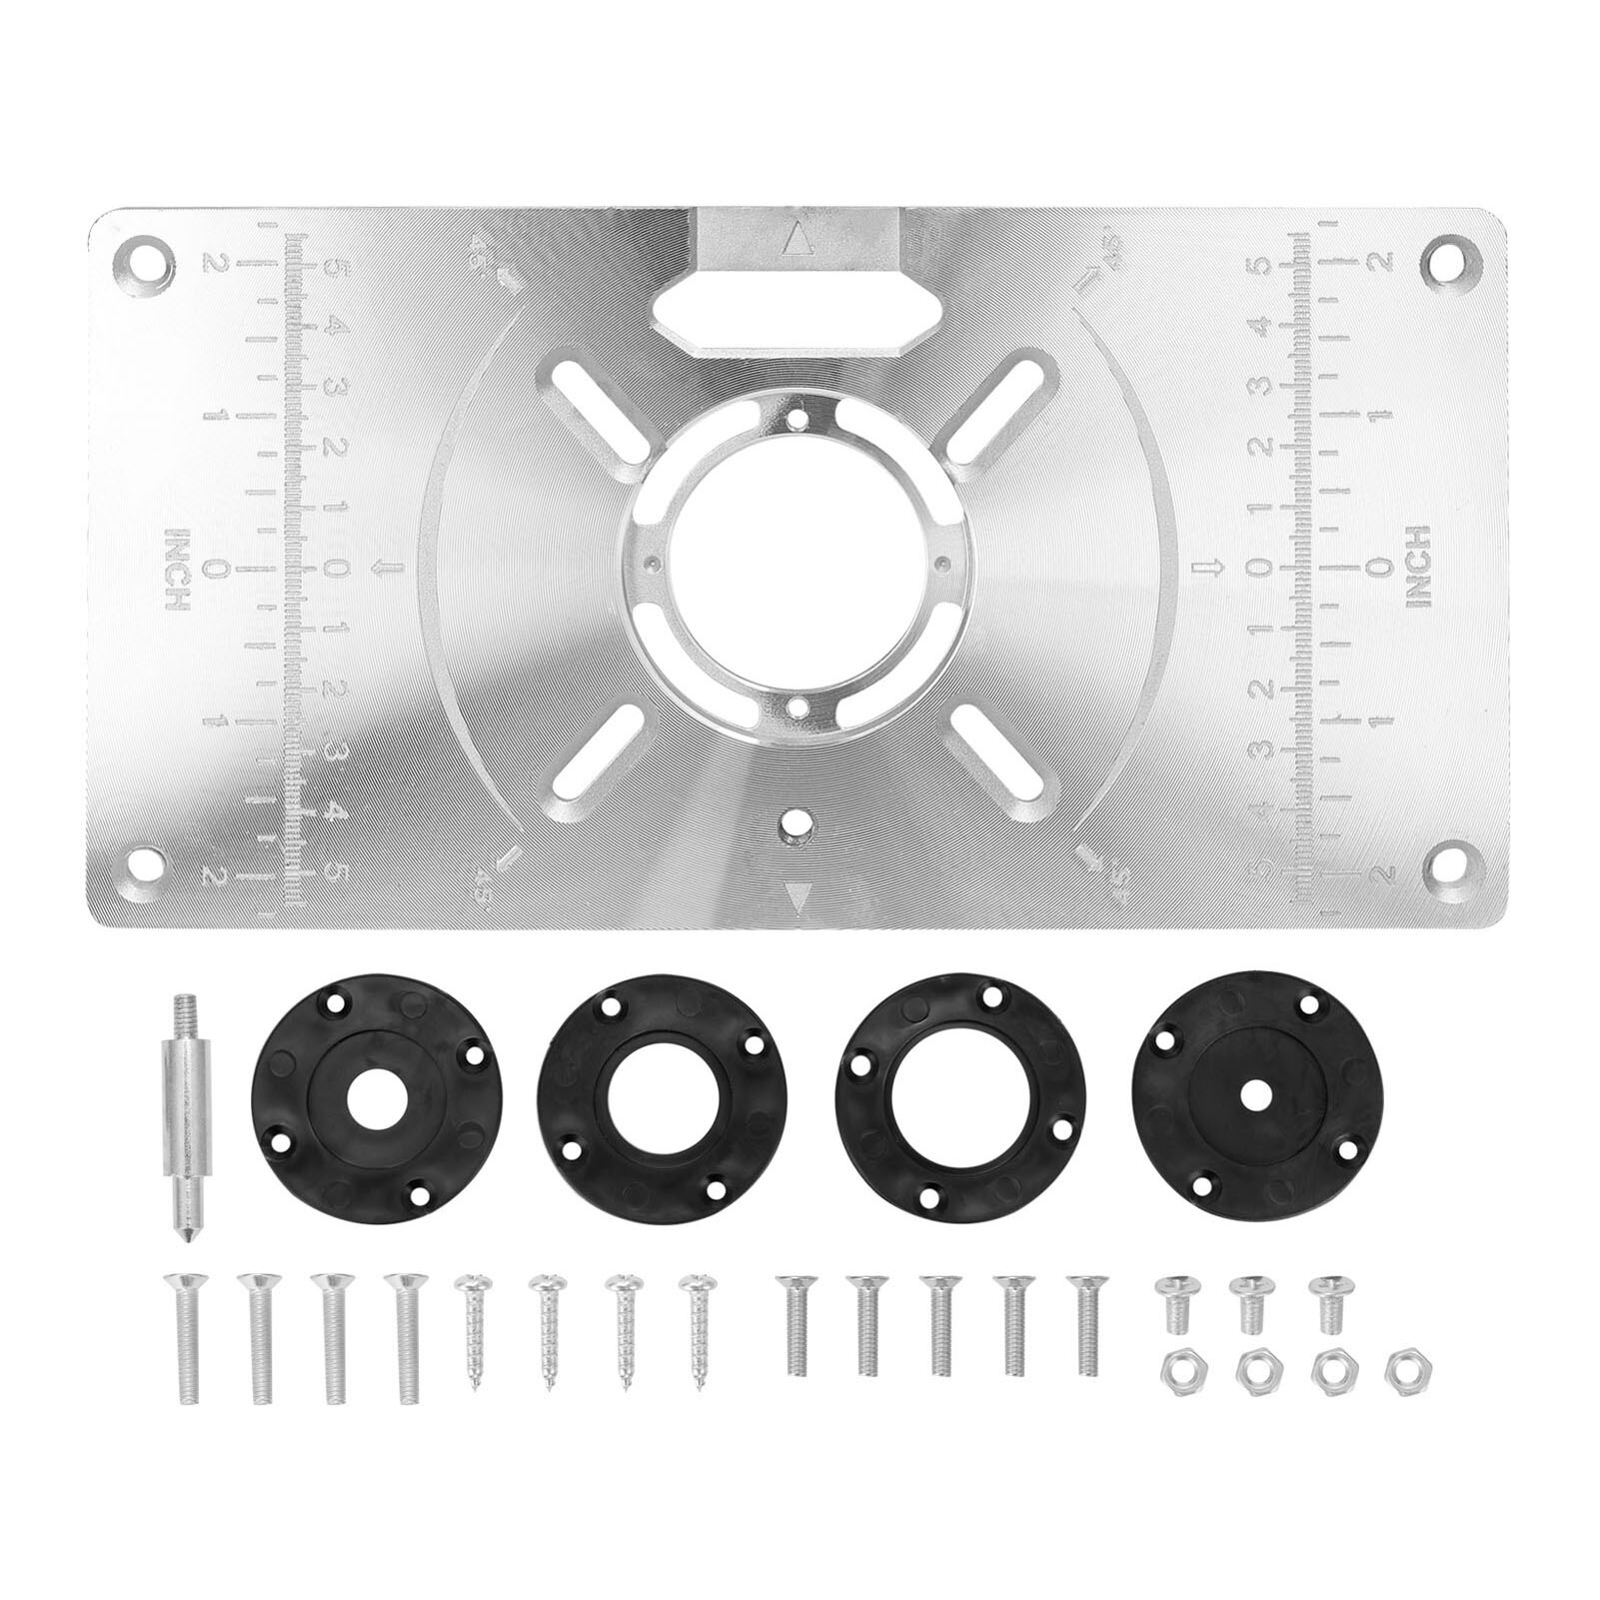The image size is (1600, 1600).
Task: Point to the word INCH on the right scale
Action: [x=1418, y=567]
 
